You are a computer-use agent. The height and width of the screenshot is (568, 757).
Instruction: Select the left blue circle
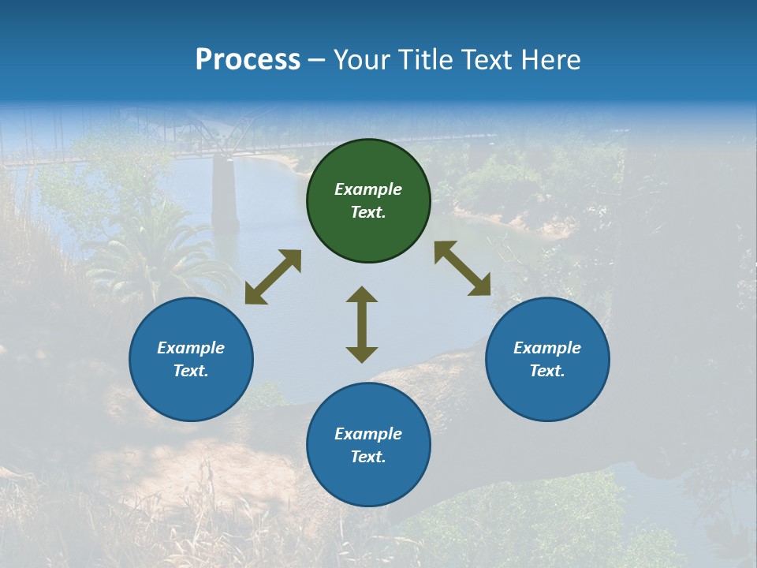[x=191, y=359]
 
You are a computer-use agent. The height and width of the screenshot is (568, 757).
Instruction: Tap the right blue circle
[x=547, y=359]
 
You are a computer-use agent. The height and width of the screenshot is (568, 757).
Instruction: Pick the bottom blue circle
[x=368, y=445]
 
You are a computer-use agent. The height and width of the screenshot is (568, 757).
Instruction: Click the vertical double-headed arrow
[x=362, y=324]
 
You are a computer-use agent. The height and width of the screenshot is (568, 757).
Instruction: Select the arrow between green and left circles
[x=273, y=277]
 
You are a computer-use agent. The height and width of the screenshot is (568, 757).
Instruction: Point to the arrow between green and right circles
[x=462, y=269]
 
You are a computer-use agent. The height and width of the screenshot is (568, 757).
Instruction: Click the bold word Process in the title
[x=248, y=60]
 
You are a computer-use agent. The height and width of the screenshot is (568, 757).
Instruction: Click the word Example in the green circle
[x=368, y=189]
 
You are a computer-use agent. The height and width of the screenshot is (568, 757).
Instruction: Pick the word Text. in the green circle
[x=368, y=212]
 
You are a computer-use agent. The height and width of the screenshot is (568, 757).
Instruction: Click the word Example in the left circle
[x=191, y=348]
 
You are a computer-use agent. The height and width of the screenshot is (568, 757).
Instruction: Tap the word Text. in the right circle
[x=547, y=371]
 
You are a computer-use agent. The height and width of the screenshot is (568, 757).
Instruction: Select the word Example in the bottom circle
[x=368, y=434]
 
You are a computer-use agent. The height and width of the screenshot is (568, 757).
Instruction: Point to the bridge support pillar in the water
[x=225, y=193]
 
